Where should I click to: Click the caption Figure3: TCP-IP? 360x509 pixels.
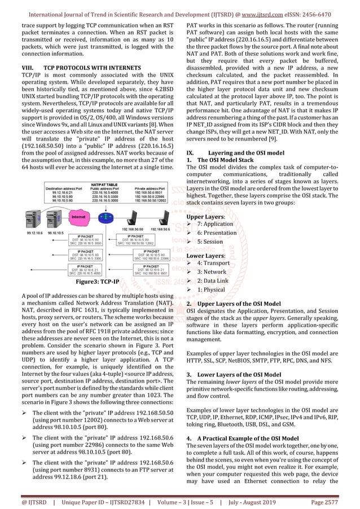(x=100, y=281)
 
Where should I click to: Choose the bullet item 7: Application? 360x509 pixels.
(x=218, y=224)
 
